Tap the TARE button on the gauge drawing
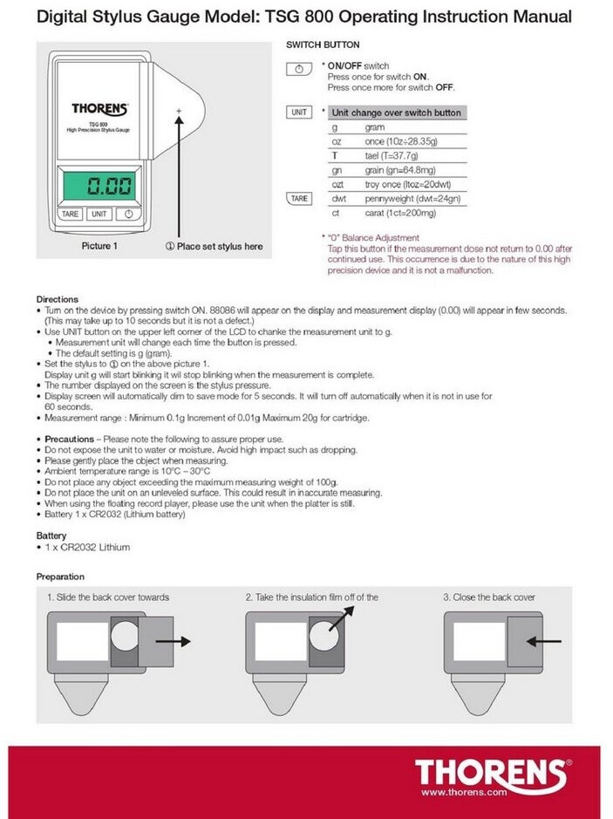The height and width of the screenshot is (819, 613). pos(71,213)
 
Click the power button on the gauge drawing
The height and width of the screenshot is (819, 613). pos(127,213)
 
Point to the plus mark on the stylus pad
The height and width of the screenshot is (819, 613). pos(179,112)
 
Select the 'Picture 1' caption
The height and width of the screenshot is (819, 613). pos(96,246)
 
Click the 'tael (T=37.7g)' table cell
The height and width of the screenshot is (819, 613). pos(398,155)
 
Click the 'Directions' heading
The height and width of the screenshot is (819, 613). pos(57,299)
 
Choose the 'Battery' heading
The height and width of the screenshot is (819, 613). pos(51,535)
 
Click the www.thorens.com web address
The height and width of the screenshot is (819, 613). pos(463,792)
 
